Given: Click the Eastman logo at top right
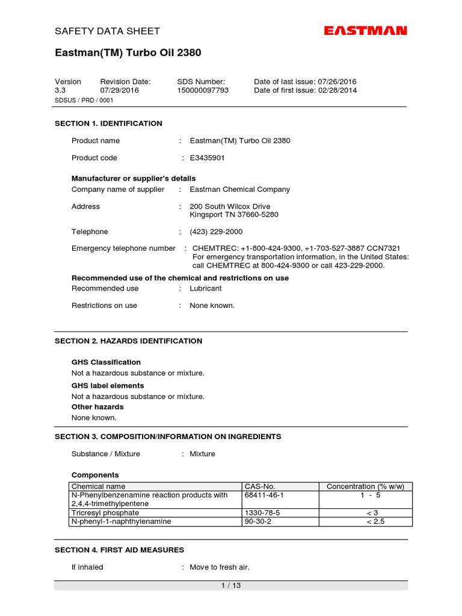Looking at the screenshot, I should (366, 31).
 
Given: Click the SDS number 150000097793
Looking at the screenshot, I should (203, 90).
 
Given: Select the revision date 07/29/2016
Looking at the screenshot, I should (119, 90).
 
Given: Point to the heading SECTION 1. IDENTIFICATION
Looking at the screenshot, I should (108, 123).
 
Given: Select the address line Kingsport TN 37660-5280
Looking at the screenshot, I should (234, 215).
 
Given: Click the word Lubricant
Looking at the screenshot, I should (206, 289).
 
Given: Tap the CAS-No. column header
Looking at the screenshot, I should (259, 486).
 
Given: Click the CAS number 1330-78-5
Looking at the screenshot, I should (262, 513).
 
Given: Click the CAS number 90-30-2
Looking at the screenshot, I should (257, 522).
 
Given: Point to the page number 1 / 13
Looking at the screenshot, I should (231, 585).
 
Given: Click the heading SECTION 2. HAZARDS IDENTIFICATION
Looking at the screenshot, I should (128, 341).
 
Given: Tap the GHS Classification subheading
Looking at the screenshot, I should (106, 362).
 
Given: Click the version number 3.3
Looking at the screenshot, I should (60, 90).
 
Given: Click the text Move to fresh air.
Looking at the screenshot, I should (220, 567).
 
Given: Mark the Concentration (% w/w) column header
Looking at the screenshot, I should (365, 486).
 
